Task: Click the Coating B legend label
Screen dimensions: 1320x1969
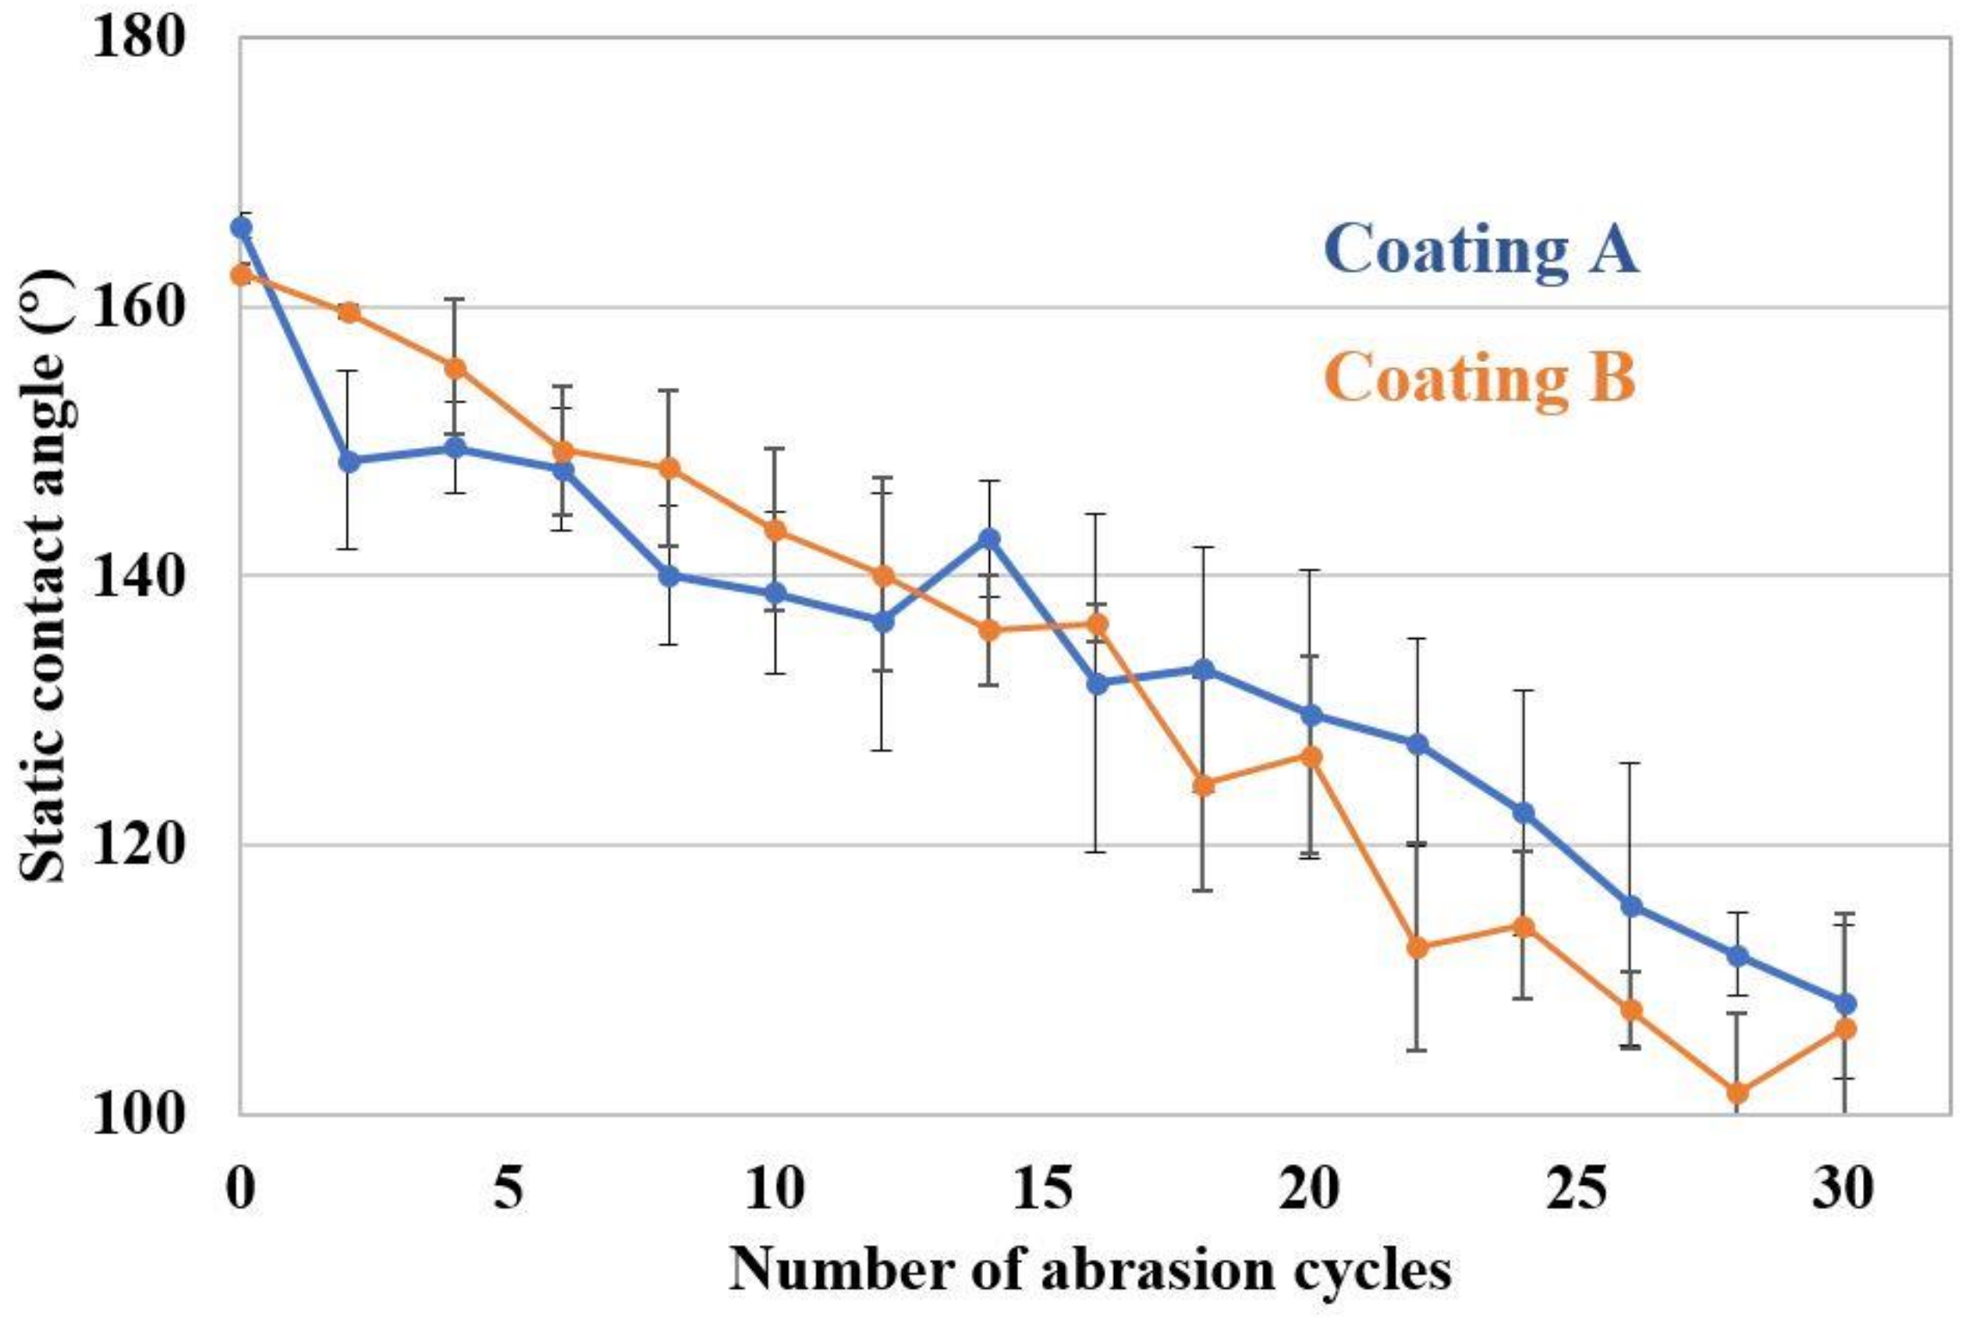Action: tap(1481, 378)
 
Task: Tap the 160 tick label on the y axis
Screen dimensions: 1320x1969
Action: tap(137, 308)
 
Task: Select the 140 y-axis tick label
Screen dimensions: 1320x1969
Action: tap(137, 577)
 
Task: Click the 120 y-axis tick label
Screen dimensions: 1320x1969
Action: tap(137, 844)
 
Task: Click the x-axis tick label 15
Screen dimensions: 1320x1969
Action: tap(1043, 1190)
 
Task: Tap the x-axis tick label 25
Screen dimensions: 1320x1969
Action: tap(1577, 1190)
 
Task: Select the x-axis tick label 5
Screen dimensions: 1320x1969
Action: tap(509, 1190)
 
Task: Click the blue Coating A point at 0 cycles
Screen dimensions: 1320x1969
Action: tap(242, 227)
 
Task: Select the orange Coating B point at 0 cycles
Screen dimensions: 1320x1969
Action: tap(242, 275)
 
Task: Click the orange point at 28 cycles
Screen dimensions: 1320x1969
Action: tap(1737, 1093)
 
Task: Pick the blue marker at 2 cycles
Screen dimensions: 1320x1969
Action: tap(349, 460)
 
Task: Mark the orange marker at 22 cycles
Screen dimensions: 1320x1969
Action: tap(1417, 947)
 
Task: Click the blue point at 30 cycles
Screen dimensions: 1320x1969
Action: tap(1844, 1003)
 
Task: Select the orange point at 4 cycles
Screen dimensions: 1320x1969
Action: tap(456, 368)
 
